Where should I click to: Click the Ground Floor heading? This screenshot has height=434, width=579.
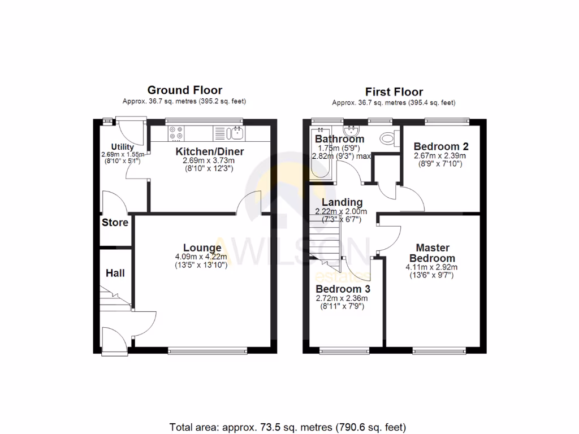click(x=184, y=90)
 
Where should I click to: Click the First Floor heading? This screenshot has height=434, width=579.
click(x=394, y=92)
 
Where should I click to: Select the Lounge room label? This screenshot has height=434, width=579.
click(x=202, y=248)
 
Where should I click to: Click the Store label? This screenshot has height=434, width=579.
click(x=115, y=223)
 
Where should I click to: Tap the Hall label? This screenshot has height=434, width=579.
click(x=115, y=273)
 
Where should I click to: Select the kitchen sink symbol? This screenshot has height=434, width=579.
click(x=236, y=133)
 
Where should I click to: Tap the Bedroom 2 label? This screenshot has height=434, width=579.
click(x=440, y=146)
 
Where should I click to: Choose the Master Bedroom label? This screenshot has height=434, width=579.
click(x=433, y=253)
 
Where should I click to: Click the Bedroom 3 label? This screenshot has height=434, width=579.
click(x=341, y=289)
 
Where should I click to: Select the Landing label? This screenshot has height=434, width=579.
click(x=342, y=202)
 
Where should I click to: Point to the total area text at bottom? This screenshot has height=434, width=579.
click(x=288, y=427)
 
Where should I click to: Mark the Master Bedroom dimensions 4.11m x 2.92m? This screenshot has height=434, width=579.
click(x=433, y=267)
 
